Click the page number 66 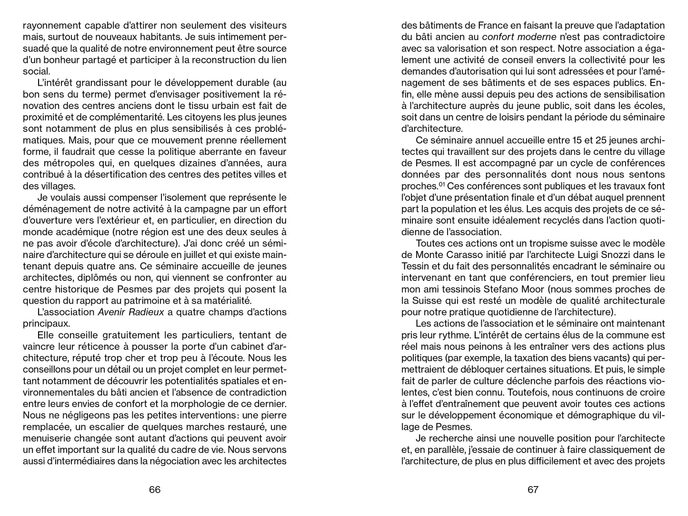point(155,490)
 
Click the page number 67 point(533,490)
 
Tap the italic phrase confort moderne point(519,37)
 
